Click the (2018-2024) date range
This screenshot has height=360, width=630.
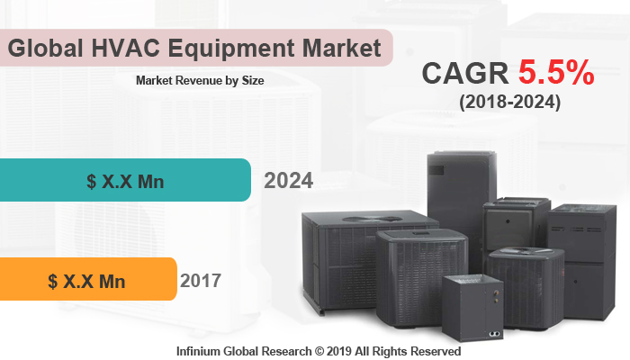coord(508,103)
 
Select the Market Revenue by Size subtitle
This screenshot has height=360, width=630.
coord(199,80)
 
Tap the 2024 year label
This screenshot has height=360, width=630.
coord(288,181)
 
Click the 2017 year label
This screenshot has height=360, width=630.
coord(200,280)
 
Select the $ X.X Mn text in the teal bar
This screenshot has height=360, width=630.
coord(125,181)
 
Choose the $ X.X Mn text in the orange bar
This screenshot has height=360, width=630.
coord(86,281)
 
